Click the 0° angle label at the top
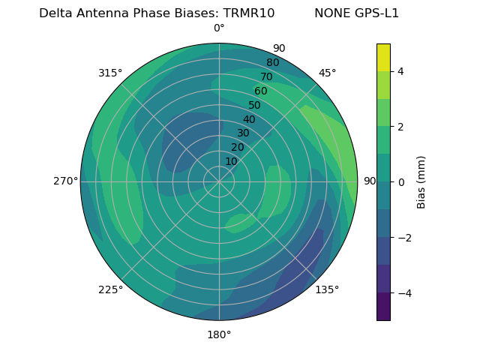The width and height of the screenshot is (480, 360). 219,28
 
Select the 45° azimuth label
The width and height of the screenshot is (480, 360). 328,73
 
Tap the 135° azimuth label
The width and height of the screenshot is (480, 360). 327,289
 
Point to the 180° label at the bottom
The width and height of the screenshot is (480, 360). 219,334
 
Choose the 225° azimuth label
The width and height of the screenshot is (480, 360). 110,289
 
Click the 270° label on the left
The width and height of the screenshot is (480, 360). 65,181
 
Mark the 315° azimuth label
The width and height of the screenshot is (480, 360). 110,73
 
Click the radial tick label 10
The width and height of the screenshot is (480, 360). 231,161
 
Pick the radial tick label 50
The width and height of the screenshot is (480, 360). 254,105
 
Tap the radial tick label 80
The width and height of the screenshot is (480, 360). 272,62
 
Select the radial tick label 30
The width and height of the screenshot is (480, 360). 243,133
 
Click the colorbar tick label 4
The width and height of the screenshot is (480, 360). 400,71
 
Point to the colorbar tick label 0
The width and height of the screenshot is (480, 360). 400,181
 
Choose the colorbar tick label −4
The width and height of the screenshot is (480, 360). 403,292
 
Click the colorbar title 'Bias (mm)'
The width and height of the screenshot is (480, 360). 421,181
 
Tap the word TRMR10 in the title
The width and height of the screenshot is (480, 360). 246,13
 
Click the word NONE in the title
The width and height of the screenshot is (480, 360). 331,13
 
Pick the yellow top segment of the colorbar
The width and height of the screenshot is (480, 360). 383,57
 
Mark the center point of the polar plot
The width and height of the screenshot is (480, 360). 219,181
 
